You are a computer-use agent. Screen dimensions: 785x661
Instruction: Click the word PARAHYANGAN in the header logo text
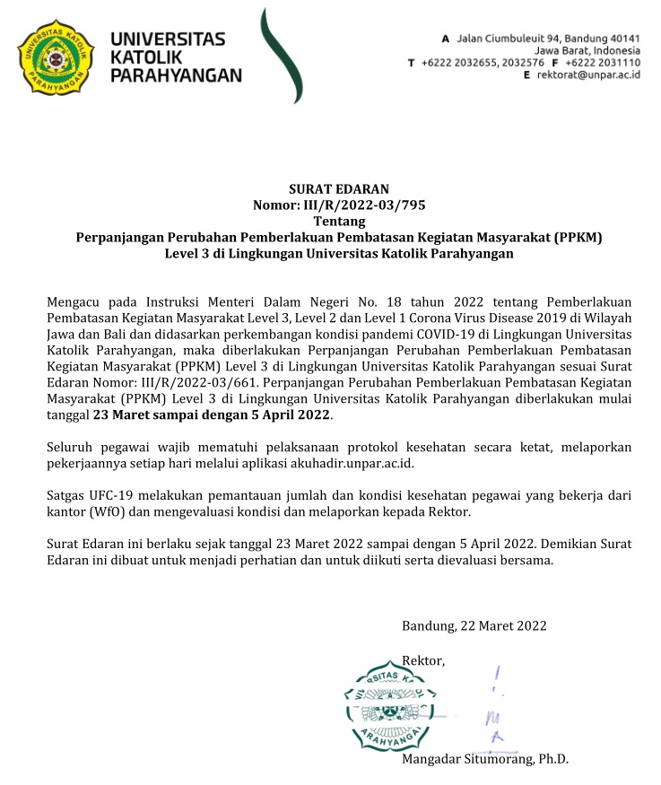click(175, 76)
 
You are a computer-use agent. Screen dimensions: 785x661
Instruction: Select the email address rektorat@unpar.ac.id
click(587, 76)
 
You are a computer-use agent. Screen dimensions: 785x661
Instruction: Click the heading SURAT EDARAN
click(338, 189)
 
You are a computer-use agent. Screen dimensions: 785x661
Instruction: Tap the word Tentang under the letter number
click(338, 222)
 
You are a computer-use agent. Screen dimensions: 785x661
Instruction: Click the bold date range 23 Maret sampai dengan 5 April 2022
click(212, 415)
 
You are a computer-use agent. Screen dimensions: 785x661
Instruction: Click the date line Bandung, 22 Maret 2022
click(474, 626)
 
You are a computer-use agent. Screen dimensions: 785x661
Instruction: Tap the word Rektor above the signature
click(422, 661)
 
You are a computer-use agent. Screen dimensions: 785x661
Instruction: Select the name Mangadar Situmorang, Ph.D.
click(485, 759)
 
